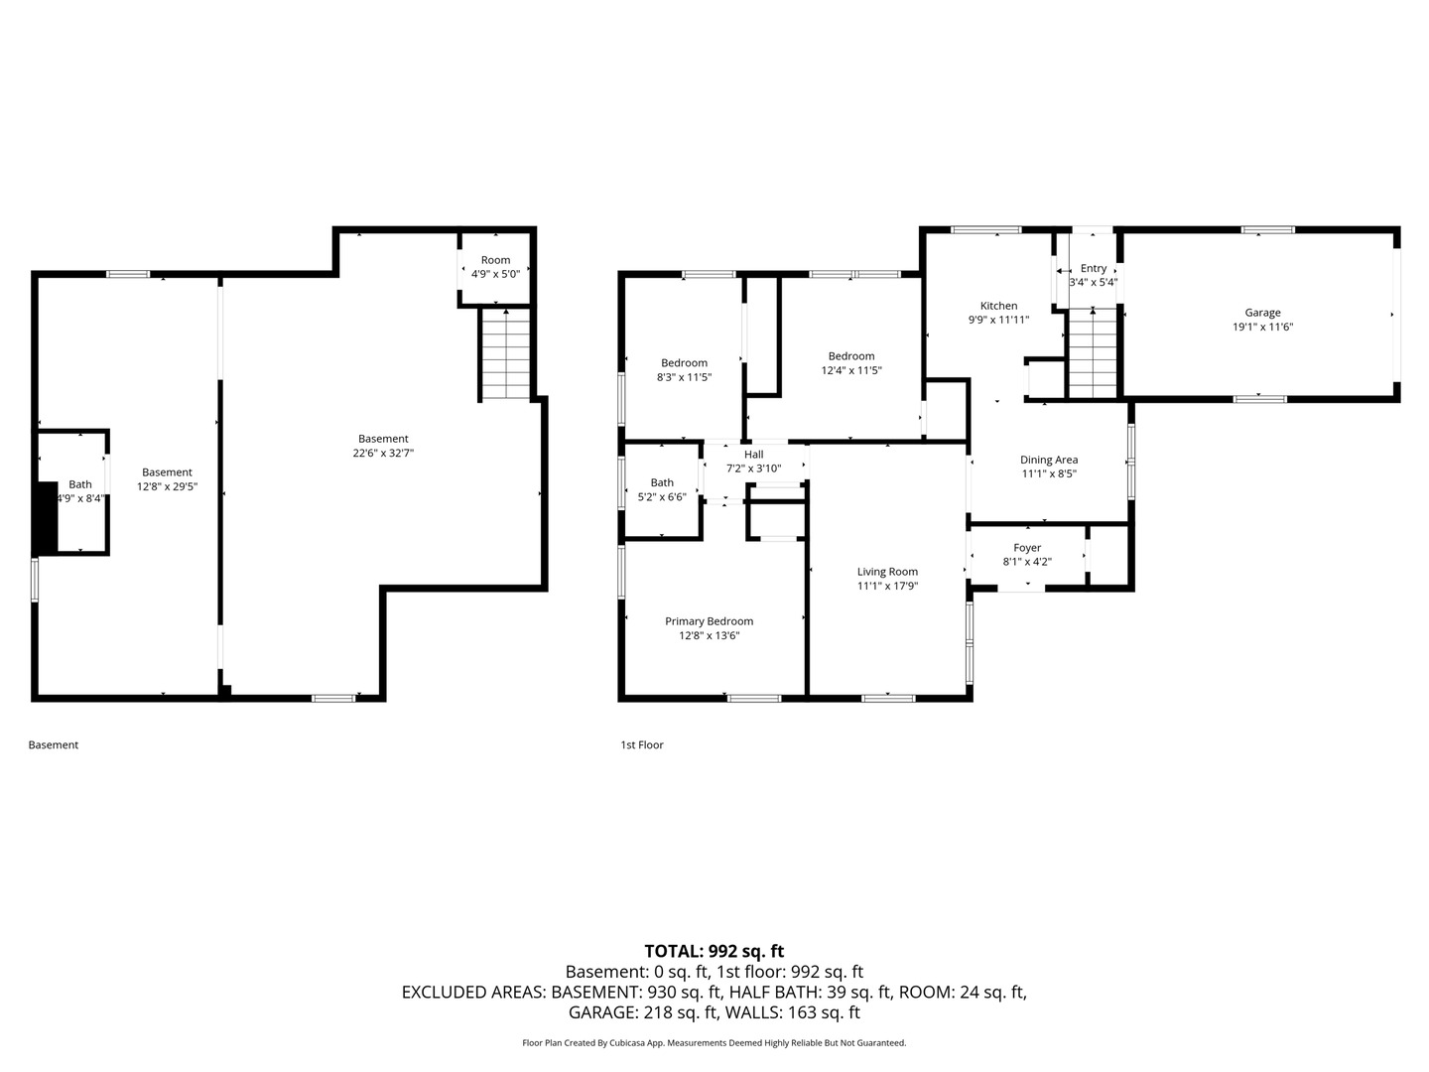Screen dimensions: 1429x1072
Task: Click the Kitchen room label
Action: click(x=998, y=306)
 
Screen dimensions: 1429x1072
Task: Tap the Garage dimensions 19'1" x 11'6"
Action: click(x=1262, y=327)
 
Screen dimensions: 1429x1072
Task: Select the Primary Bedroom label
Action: click(x=709, y=621)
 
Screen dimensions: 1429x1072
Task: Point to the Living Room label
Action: click(x=887, y=572)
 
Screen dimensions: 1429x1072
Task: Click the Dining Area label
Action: click(x=1049, y=461)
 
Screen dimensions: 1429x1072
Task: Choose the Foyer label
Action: click(x=1027, y=548)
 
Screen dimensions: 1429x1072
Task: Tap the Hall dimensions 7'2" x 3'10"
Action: click(x=754, y=469)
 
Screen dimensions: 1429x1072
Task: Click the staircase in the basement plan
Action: click(x=506, y=355)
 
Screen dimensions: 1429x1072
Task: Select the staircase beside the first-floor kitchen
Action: click(x=1093, y=354)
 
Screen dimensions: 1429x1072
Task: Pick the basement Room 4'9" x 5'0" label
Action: click(x=496, y=268)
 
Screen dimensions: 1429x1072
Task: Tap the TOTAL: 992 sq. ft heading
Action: click(x=714, y=952)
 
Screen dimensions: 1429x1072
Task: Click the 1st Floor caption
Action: click(x=642, y=744)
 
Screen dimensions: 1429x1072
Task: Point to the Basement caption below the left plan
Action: click(x=54, y=744)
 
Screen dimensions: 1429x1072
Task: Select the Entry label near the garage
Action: click(x=1093, y=269)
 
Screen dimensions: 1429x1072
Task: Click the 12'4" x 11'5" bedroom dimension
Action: click(x=851, y=371)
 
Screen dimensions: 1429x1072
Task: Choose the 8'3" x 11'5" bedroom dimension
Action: click(x=684, y=377)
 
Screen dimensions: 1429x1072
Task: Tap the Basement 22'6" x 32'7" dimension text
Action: click(x=383, y=453)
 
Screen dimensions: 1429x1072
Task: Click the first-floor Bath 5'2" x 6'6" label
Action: click(x=662, y=490)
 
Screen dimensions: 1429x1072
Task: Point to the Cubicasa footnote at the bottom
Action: click(x=714, y=1042)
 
